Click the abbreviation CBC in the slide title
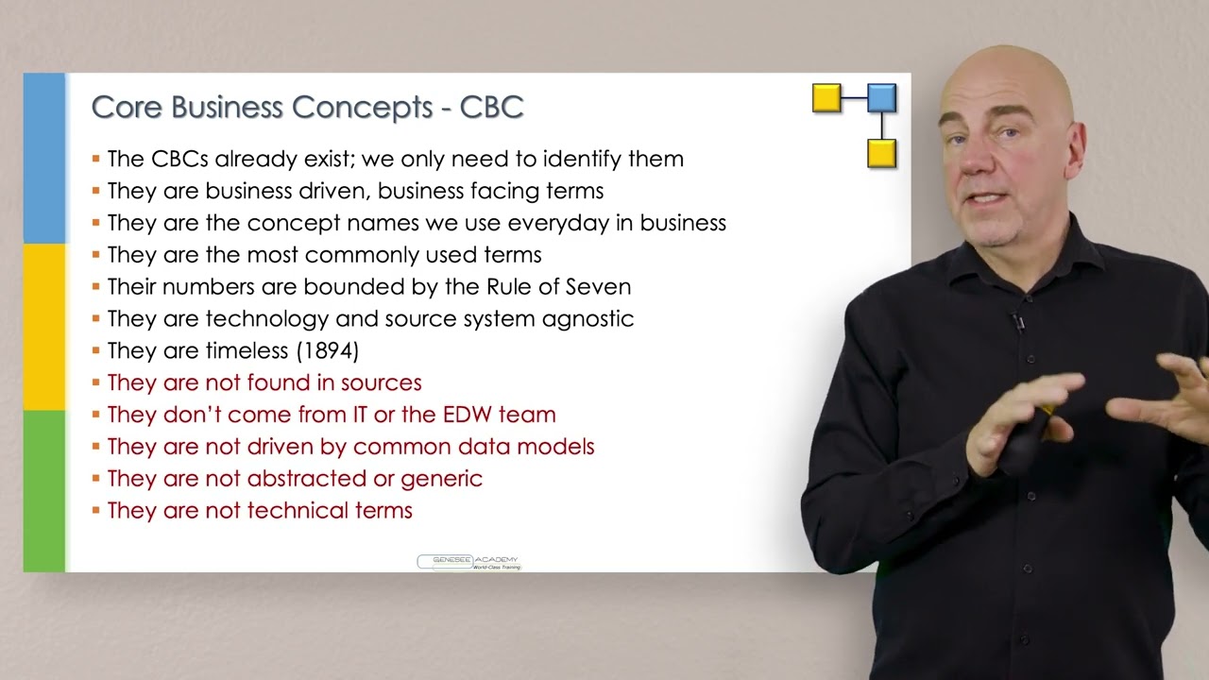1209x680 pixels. pyautogui.click(x=491, y=107)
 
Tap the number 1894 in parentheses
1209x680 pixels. pyautogui.click(x=328, y=350)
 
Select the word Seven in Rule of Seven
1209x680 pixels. pyautogui.click(x=599, y=286)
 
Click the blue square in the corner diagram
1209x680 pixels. pyautogui.click(x=881, y=98)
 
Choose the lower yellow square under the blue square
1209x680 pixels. pyautogui.click(x=881, y=153)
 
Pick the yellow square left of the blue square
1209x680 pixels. pyautogui.click(x=826, y=98)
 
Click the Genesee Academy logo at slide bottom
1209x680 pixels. pyautogui.click(x=468, y=562)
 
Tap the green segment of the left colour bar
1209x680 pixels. pyautogui.click(x=43, y=490)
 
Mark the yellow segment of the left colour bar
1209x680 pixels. pyautogui.click(x=43, y=326)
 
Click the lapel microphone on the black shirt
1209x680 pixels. pyautogui.click(x=1017, y=322)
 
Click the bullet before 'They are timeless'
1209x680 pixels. pyautogui.click(x=96, y=351)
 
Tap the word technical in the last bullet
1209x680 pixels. pyautogui.click(x=296, y=511)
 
